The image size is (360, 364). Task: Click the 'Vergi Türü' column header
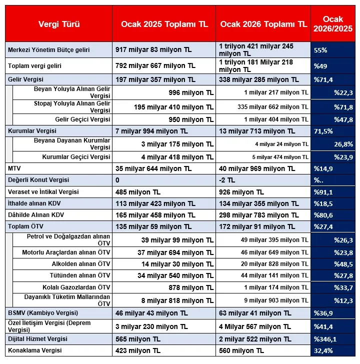59,23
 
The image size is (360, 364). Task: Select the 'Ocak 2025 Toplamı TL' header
164,23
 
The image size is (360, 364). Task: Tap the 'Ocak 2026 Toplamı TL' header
263,23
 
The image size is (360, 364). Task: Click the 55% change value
320,50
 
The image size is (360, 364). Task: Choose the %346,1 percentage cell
325,339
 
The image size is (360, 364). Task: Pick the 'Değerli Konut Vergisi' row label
38,180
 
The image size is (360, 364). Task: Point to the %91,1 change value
323,192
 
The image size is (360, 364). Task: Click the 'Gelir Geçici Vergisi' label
82,119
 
